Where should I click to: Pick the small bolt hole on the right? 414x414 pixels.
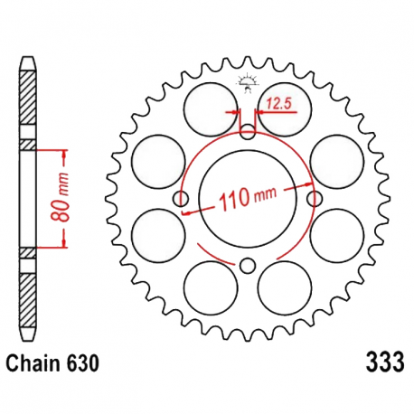315,198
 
